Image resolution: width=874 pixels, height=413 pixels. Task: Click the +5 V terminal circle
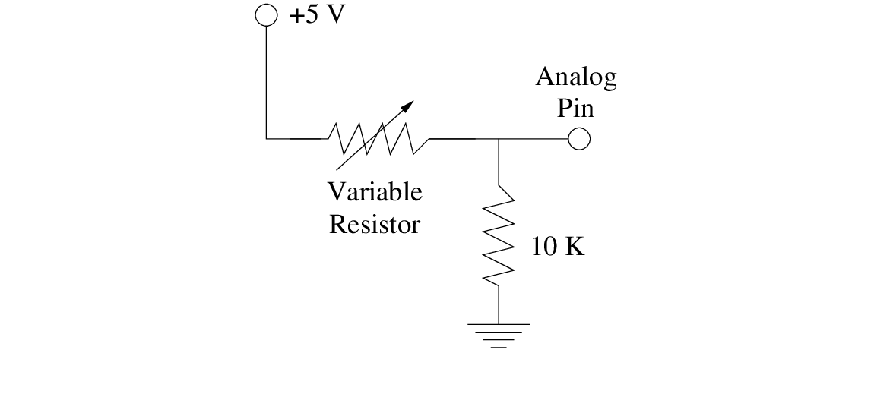267,15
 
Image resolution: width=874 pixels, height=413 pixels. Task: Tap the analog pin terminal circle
579,139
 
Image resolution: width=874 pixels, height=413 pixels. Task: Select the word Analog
575,77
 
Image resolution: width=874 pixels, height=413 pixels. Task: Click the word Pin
575,108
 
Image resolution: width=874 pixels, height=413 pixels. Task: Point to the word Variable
375,192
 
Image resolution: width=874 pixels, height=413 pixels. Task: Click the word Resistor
375,225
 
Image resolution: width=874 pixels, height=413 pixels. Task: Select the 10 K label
558,247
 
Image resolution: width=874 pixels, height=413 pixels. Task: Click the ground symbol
499,335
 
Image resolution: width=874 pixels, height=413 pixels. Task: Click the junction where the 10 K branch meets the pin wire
499,139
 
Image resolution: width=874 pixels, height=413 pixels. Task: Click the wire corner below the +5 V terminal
267,139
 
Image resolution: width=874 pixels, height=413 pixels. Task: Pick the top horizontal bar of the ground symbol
499,325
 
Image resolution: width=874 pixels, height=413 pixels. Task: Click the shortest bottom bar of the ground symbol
499,347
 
